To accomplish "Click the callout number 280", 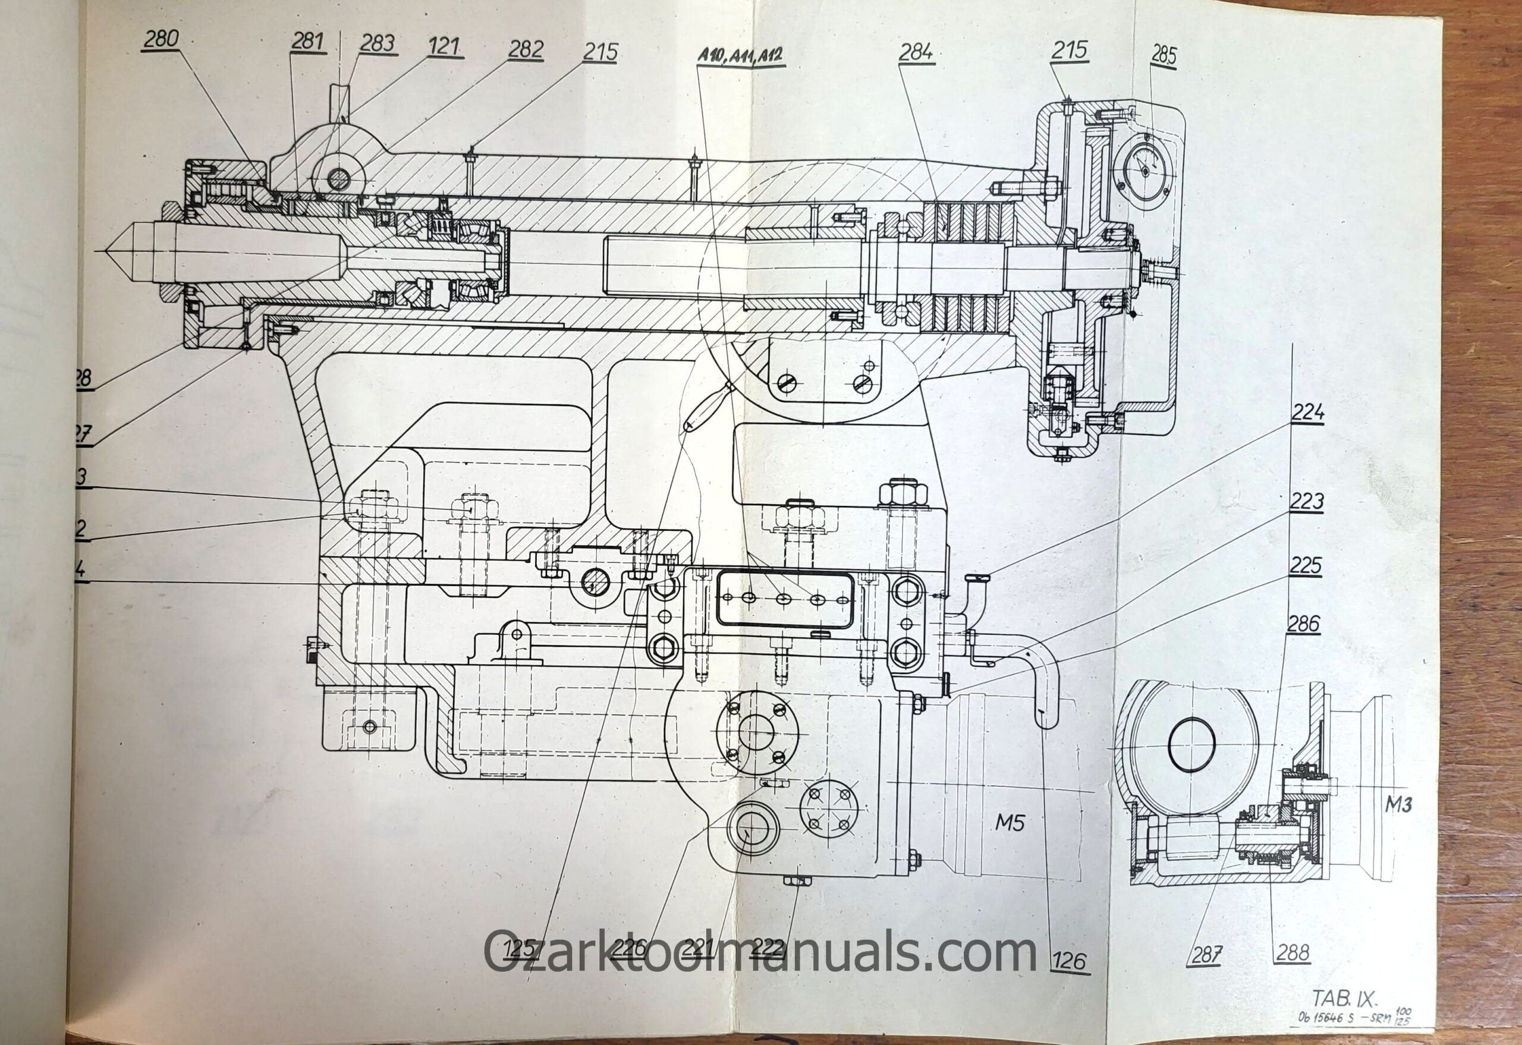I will coord(161,39).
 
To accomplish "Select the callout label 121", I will coord(445,47).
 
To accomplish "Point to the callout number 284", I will coord(916,52).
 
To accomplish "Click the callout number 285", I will coord(1163,56).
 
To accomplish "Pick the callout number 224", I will coord(1308,413).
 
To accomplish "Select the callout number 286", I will coord(1303,624).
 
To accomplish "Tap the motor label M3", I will coord(1398,804).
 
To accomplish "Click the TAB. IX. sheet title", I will coord(1344,998).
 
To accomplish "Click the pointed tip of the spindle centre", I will coord(108,251).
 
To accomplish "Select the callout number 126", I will coord(1070,961).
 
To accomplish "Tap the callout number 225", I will coord(1306,566).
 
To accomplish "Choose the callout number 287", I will coord(1206,955).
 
